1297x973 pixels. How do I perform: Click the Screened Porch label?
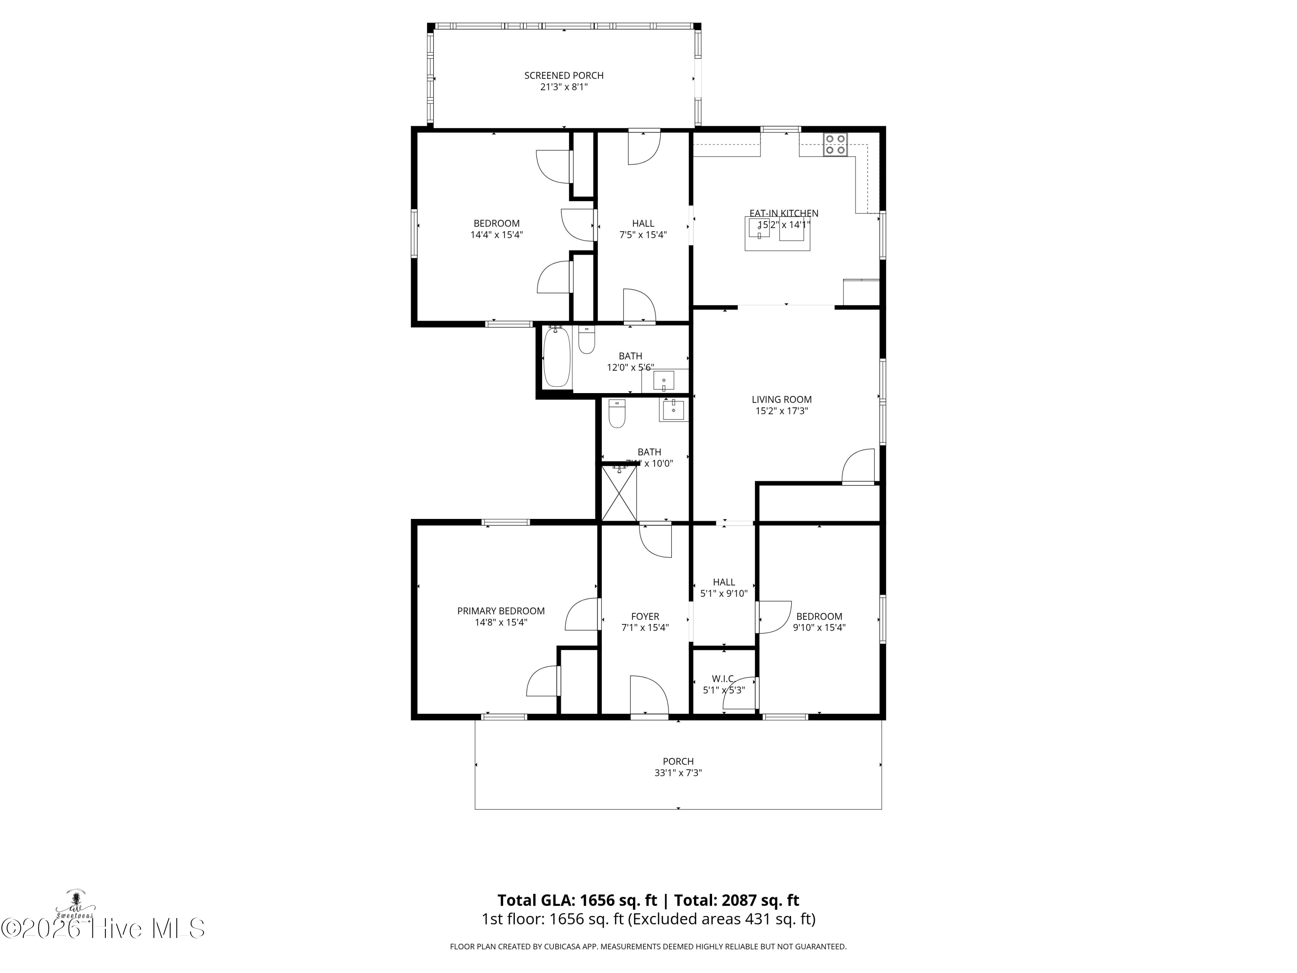click(563, 76)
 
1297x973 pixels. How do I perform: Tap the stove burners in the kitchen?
click(835, 144)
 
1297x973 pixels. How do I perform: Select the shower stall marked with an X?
click(619, 493)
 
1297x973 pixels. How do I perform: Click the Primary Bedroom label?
click(501, 611)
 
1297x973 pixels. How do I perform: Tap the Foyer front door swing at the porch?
click(648, 695)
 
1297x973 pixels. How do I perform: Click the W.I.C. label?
click(724, 679)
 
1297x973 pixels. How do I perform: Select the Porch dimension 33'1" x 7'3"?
click(678, 773)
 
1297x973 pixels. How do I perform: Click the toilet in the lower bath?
click(617, 413)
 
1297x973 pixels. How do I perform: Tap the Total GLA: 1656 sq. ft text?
click(578, 900)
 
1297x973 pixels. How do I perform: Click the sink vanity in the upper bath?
click(664, 381)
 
